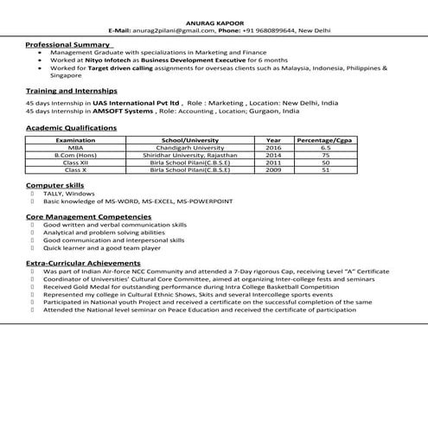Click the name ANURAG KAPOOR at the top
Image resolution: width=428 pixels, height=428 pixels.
click(x=214, y=21)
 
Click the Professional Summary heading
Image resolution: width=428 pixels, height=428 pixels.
click(x=68, y=43)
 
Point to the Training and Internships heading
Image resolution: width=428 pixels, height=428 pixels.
click(x=72, y=90)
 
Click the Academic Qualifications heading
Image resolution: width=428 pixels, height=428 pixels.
click(x=71, y=127)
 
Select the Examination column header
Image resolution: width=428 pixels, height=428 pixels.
click(x=75, y=139)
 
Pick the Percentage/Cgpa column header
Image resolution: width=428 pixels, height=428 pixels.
click(x=325, y=139)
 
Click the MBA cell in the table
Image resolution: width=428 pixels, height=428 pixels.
click(x=75, y=147)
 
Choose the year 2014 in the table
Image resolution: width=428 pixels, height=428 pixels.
click(x=273, y=155)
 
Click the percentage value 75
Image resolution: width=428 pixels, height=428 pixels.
click(x=325, y=155)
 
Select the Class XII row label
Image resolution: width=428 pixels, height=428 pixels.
click(x=75, y=163)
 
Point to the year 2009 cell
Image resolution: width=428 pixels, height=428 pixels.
click(x=273, y=170)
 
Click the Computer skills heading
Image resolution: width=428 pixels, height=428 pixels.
click(x=55, y=186)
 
